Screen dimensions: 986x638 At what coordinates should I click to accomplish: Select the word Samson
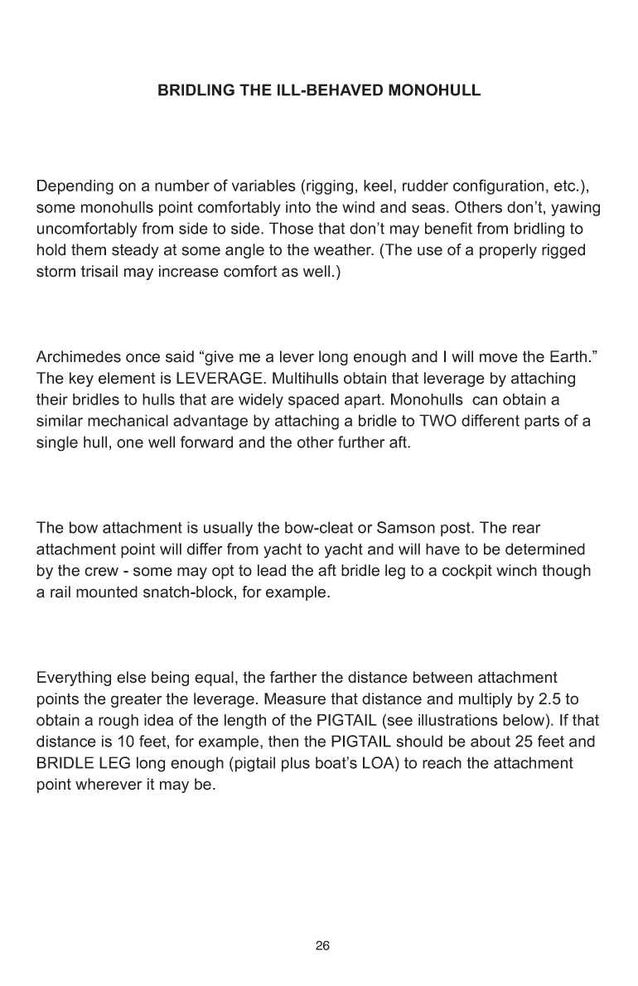pos(402,528)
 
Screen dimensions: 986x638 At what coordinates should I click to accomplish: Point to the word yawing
pos(576,207)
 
